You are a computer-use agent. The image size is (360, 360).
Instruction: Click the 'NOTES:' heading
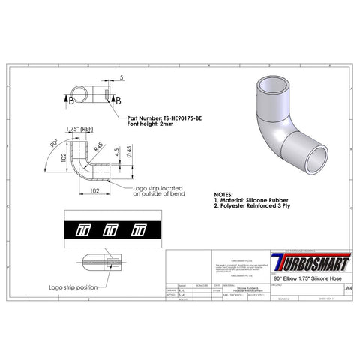pos(229,193)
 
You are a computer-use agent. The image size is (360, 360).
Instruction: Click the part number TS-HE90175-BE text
pos(160,118)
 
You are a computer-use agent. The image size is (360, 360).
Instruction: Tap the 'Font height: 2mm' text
pos(151,124)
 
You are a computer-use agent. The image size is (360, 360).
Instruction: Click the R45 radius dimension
pos(97,148)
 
